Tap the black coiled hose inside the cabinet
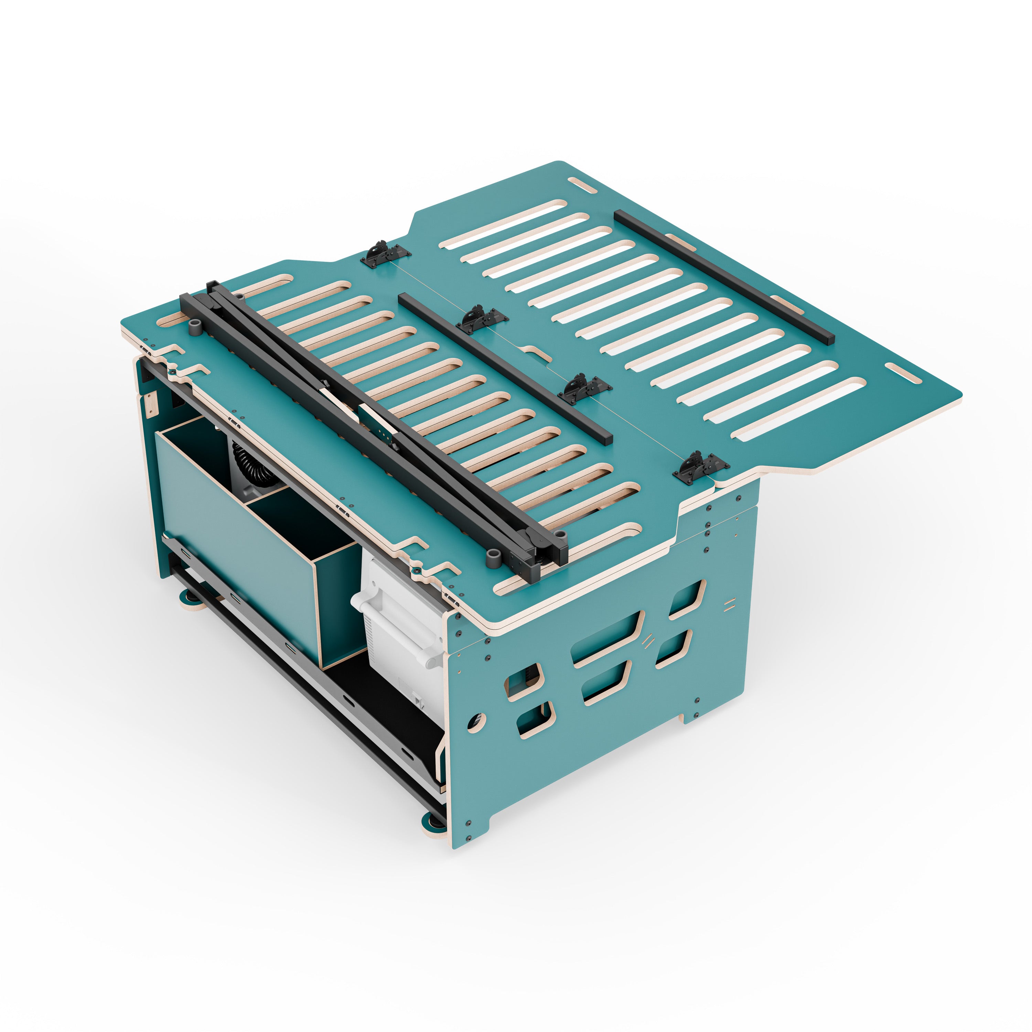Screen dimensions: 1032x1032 (250, 465)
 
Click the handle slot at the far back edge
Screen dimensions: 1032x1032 (582, 185)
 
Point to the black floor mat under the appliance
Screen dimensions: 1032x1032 (385, 710)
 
